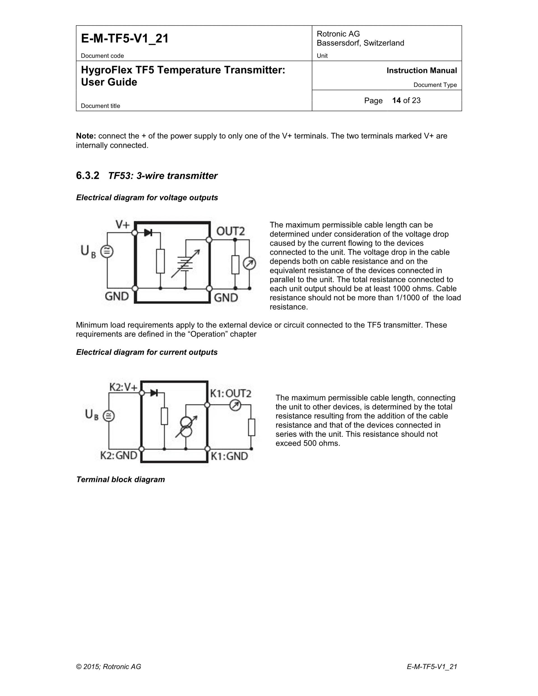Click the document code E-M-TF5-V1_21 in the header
(125, 39)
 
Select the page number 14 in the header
(396, 101)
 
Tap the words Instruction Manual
(421, 70)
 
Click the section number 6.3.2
(87, 176)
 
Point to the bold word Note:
(86, 136)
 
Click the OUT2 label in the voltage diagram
(230, 231)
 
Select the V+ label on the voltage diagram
(123, 225)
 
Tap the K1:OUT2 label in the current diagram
(230, 393)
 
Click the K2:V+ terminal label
(123, 387)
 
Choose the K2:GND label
(119, 455)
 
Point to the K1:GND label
(229, 456)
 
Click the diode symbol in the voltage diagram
(148, 233)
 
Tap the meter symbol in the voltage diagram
(249, 263)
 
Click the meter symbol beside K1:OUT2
(235, 405)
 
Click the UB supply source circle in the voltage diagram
(107, 251)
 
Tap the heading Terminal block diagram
(120, 480)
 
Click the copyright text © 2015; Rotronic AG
(108, 667)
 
